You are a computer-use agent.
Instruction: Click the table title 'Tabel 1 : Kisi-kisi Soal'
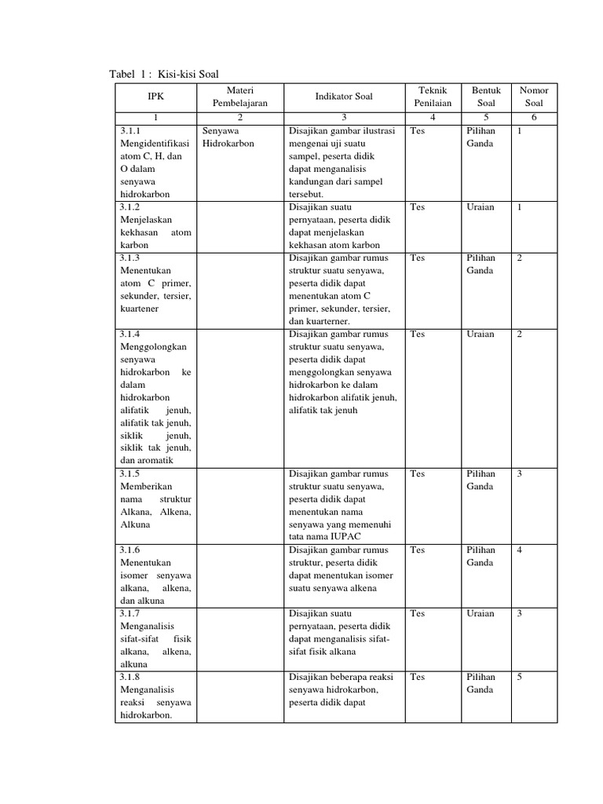coord(163,74)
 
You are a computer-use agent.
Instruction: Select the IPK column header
coord(157,97)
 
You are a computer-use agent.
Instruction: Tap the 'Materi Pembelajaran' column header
coord(239,97)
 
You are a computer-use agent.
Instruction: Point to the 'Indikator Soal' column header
coord(344,97)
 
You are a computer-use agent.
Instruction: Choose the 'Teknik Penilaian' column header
coord(433,97)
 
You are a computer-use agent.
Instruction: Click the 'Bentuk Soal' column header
coord(486,97)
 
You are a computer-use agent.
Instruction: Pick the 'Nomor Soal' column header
coord(534,97)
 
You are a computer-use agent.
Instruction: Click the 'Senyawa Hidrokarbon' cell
coord(228,137)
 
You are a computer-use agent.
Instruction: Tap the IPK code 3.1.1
coord(130,131)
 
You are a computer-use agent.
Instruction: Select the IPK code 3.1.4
coord(130,334)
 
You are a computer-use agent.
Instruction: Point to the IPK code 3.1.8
coord(130,677)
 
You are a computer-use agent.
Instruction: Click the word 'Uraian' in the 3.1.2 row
coord(481,207)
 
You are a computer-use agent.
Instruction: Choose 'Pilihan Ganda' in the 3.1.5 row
coord(481,481)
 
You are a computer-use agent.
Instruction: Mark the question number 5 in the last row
coord(519,677)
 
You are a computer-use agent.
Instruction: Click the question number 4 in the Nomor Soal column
coord(519,550)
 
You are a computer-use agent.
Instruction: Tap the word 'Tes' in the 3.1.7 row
coord(417,613)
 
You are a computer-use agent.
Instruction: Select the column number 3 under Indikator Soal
coord(344,117)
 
